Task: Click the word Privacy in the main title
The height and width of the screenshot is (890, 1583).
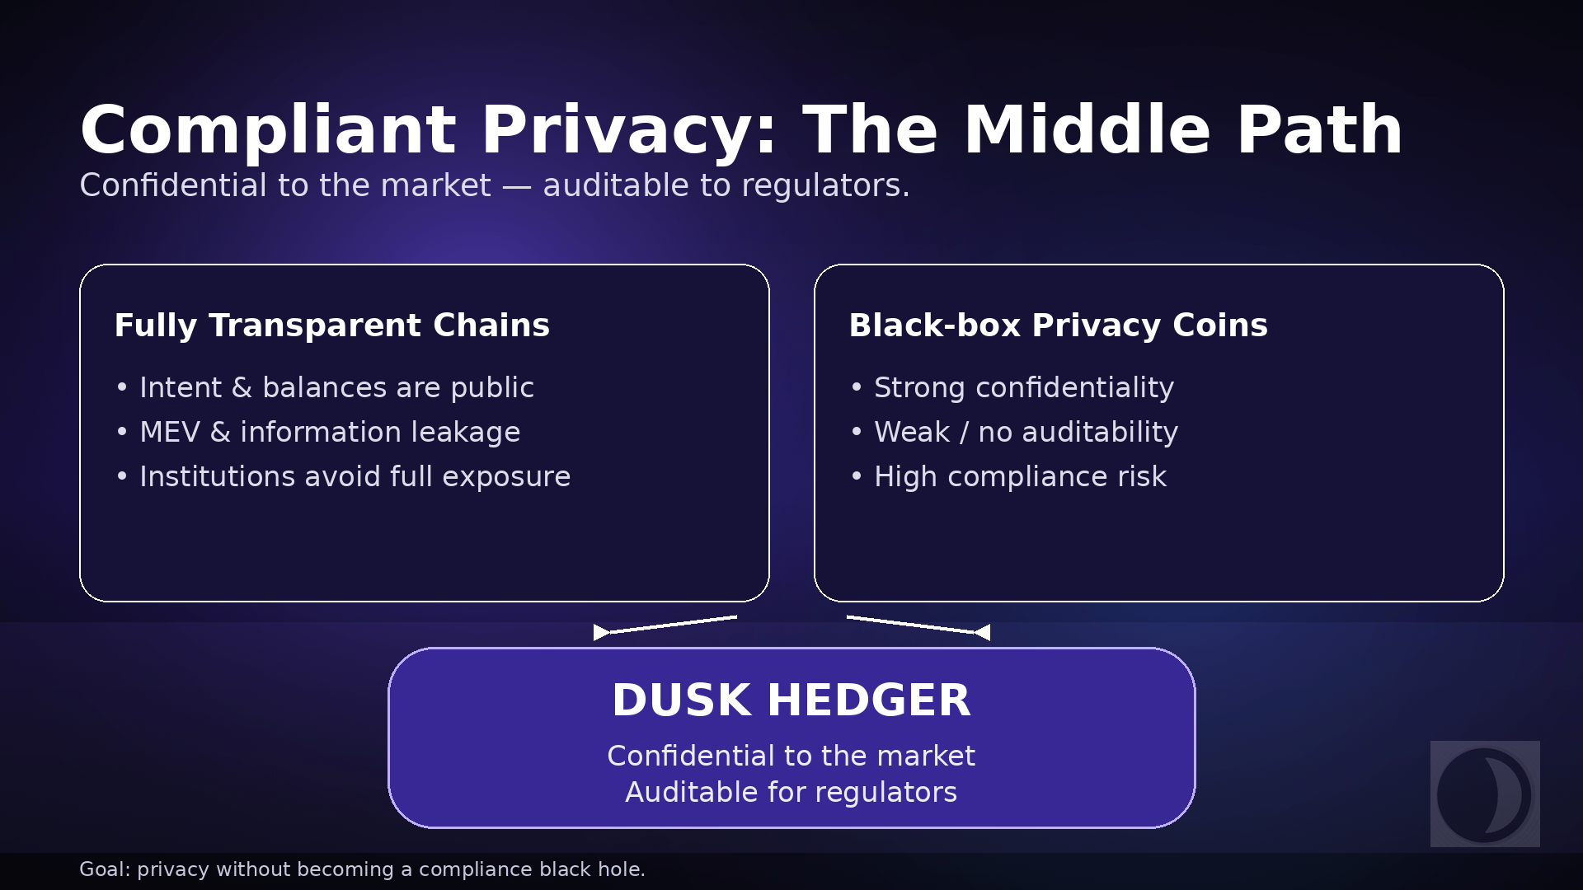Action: (x=628, y=130)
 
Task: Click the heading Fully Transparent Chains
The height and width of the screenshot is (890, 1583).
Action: (x=331, y=326)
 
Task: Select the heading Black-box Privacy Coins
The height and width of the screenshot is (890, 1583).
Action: (x=1058, y=326)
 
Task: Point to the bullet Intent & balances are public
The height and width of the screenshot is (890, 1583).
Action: (x=336, y=387)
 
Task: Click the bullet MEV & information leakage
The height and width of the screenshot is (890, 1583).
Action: (x=330, y=432)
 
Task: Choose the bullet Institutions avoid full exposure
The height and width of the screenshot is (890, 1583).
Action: (x=355, y=476)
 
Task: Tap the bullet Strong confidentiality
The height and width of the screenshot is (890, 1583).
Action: (x=1023, y=387)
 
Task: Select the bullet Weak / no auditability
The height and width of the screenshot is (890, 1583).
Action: (x=1026, y=432)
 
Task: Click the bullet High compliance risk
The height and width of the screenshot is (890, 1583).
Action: (x=1020, y=476)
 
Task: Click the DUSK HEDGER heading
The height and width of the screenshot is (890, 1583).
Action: (x=791, y=700)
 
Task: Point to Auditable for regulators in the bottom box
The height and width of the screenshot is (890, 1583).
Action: (x=791, y=792)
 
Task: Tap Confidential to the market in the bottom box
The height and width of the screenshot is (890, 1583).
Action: (x=791, y=756)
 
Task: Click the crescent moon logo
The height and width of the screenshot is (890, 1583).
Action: (x=1485, y=794)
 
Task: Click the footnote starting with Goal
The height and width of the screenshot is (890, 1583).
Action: (x=362, y=869)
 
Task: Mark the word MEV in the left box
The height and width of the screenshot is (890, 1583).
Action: (x=170, y=432)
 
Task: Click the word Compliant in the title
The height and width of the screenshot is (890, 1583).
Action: (x=268, y=130)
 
